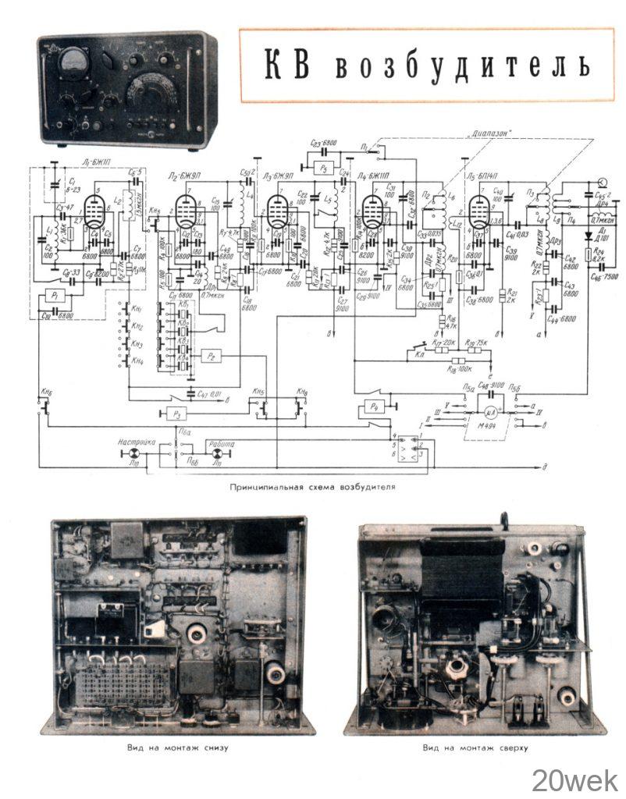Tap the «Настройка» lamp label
click(x=138, y=442)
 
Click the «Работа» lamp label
click(x=222, y=442)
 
